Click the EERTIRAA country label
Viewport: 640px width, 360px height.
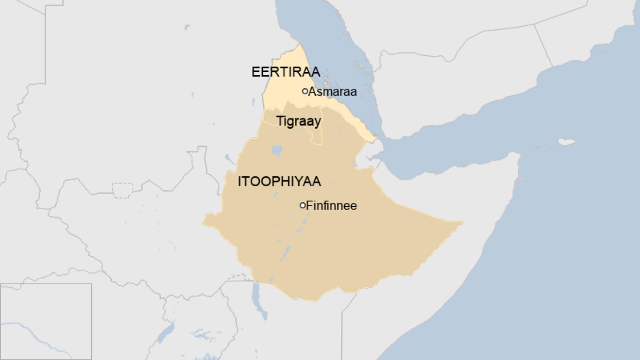(285, 72)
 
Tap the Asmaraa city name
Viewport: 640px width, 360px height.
(333, 92)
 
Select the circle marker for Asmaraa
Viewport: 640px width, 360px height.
(305, 91)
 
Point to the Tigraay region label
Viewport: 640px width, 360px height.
(299, 121)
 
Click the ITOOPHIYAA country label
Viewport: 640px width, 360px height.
(279, 182)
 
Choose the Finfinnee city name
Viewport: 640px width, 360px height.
(331, 206)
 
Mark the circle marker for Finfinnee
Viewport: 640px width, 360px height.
(302, 205)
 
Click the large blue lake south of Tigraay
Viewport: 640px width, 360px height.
(277, 150)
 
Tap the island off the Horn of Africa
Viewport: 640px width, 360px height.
(566, 142)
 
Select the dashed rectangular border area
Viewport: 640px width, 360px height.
(122, 190)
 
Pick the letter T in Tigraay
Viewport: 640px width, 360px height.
(280, 121)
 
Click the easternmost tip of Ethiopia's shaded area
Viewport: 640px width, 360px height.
(463, 222)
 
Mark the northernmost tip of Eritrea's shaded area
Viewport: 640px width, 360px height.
(300, 44)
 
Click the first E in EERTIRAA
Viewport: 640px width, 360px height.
(255, 72)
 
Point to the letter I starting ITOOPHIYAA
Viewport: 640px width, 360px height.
(240, 182)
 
